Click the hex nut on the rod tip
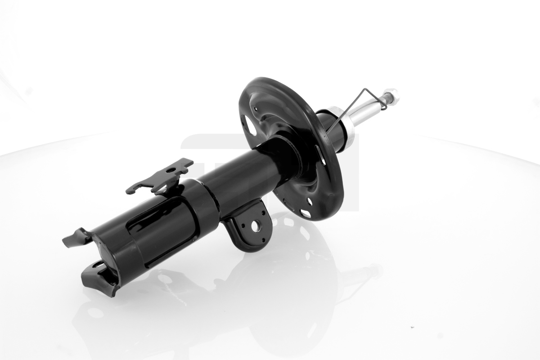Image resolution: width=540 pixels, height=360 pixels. tap(391, 94)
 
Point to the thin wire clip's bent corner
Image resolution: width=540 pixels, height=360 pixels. tap(384, 107)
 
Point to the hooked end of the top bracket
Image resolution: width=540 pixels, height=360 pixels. tap(131, 190)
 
